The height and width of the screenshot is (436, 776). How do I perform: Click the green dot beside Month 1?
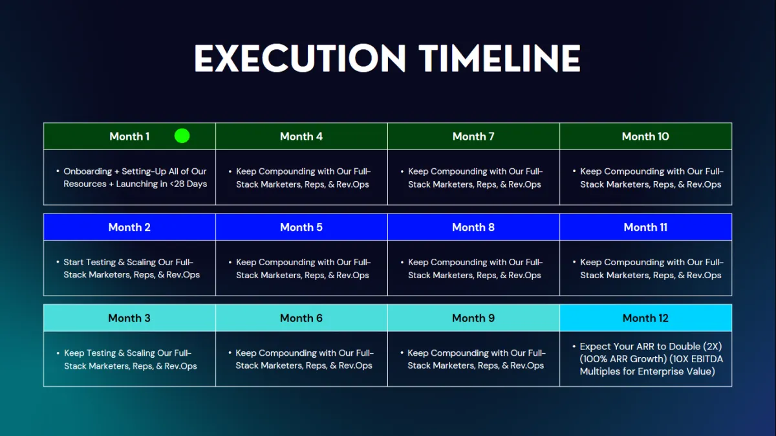point(182,136)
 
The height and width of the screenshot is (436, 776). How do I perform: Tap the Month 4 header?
point(301,136)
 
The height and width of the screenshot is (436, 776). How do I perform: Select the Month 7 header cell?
point(473,136)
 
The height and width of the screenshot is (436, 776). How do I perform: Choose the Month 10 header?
point(646,136)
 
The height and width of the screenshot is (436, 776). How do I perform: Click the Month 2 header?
point(129,227)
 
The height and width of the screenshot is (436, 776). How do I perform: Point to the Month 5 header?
point(301,227)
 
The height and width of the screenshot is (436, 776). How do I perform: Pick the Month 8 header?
point(473,227)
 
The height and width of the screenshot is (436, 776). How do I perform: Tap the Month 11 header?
point(646,227)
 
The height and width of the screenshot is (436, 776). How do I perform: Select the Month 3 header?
point(129,318)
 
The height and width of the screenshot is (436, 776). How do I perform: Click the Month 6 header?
point(301,318)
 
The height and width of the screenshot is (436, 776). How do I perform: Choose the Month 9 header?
point(473,318)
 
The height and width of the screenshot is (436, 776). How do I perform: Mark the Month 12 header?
point(646,318)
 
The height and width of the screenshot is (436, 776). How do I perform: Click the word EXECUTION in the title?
point(299,58)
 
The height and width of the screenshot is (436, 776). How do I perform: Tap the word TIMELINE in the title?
point(499,58)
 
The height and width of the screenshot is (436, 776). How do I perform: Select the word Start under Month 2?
point(73,262)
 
